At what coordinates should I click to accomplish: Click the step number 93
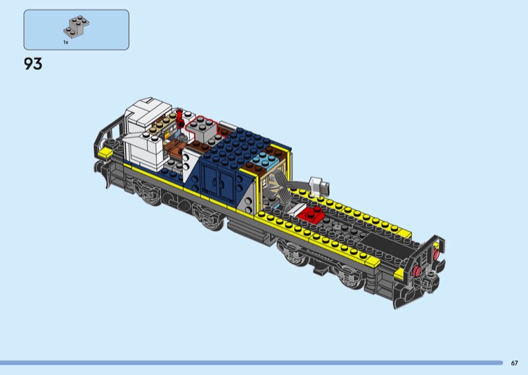pyautogui.click(x=33, y=64)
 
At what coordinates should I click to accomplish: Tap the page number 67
pyautogui.click(x=514, y=363)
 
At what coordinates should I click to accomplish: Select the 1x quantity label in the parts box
pyautogui.click(x=65, y=42)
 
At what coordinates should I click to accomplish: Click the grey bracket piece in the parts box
pyautogui.click(x=77, y=26)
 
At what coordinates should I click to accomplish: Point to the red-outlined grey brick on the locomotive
pyautogui.click(x=201, y=129)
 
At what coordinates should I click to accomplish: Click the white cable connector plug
pyautogui.click(x=318, y=186)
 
